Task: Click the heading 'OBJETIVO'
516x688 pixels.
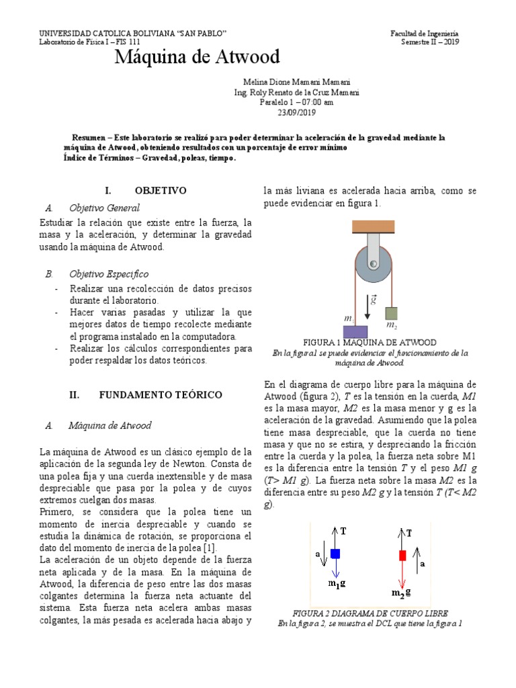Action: tap(160, 191)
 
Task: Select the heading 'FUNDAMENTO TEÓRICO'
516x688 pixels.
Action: tap(161, 395)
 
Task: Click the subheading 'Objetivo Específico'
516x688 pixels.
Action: tap(108, 274)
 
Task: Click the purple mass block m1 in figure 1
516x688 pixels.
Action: tap(354, 331)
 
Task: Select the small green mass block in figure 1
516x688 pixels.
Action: tap(392, 313)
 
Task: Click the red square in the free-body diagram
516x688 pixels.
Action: tap(402, 555)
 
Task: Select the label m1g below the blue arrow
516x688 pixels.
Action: tap(337, 585)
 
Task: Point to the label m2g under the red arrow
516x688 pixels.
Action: tap(402, 593)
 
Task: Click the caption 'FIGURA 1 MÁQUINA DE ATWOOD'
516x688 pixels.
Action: tap(370, 342)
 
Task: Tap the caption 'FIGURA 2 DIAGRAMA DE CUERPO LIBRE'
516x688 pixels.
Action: tap(370, 613)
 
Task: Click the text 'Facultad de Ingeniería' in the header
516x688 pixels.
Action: tap(425, 34)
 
